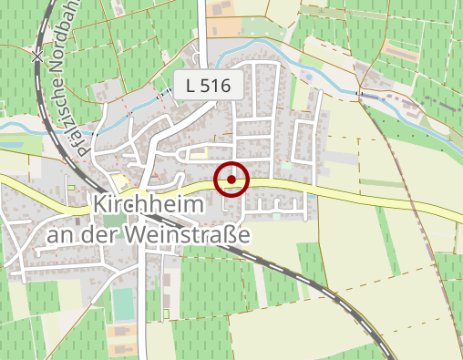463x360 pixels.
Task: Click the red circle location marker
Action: click(231, 180)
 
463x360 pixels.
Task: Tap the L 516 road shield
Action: click(211, 87)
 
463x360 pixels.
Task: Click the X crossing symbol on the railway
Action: click(36, 57)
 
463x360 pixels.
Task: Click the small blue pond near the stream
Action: click(13, 141)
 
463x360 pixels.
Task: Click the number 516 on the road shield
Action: click(220, 87)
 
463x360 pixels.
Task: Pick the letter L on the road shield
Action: click(190, 87)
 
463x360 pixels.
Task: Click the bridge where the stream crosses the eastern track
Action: click(361, 92)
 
